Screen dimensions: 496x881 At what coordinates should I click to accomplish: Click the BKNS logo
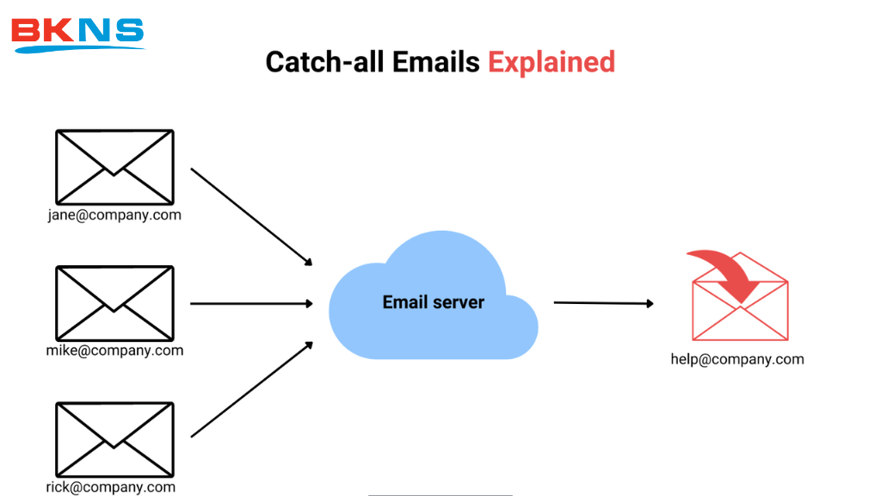click(x=77, y=34)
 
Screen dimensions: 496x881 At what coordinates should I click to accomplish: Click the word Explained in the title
click(x=551, y=62)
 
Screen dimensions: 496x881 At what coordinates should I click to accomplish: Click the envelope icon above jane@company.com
click(x=114, y=166)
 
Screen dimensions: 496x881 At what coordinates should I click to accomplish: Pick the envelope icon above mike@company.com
click(x=114, y=302)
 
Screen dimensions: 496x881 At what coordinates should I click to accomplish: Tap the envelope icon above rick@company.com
click(x=114, y=439)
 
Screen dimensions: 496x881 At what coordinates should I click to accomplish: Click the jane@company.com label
click(x=114, y=215)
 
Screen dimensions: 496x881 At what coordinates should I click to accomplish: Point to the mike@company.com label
click(x=114, y=350)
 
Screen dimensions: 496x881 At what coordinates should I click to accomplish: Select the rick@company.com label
click(x=111, y=487)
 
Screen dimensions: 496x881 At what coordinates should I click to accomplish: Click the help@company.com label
click(x=737, y=359)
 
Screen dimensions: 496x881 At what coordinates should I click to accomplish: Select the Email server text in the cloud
click(x=433, y=302)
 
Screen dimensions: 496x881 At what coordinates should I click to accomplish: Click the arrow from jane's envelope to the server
click(x=250, y=216)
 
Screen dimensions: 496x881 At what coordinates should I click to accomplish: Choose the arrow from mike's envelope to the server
click(x=250, y=303)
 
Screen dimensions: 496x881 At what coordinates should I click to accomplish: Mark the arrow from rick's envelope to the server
click(x=250, y=389)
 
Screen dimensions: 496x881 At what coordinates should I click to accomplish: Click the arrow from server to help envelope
click(x=603, y=303)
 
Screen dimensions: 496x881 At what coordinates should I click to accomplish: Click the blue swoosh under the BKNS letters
click(x=77, y=47)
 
